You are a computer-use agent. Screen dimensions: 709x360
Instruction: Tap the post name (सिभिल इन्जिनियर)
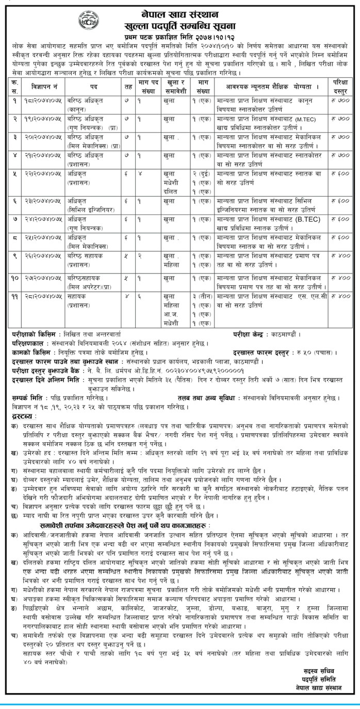click(90, 209)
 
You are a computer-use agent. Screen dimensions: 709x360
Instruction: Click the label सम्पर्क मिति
click(30, 398)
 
